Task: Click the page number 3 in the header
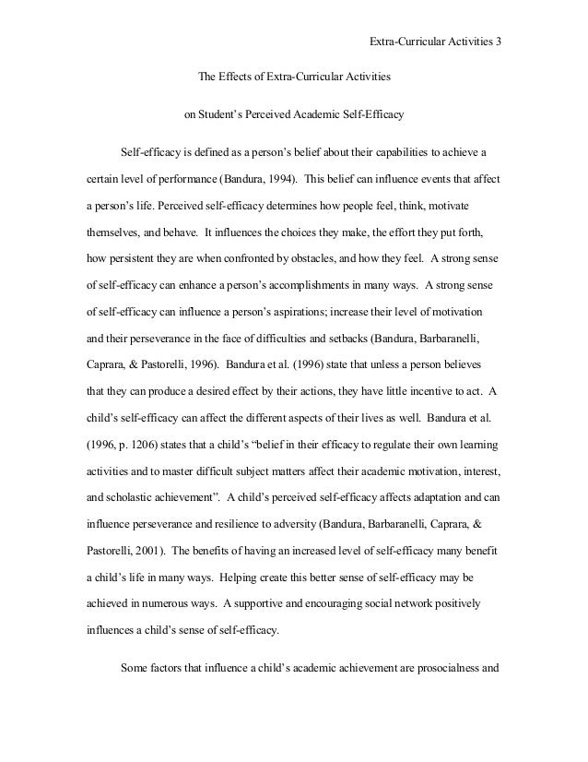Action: pos(498,42)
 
